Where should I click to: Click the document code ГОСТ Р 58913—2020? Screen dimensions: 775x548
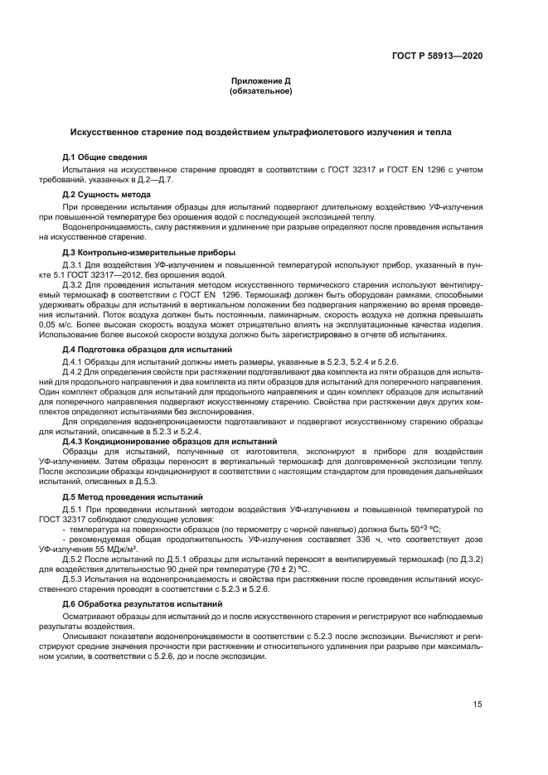(x=447, y=56)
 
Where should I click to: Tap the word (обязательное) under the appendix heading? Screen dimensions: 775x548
(x=260, y=91)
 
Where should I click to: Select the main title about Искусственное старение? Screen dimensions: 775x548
(x=260, y=133)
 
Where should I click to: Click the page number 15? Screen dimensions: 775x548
(x=478, y=705)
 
